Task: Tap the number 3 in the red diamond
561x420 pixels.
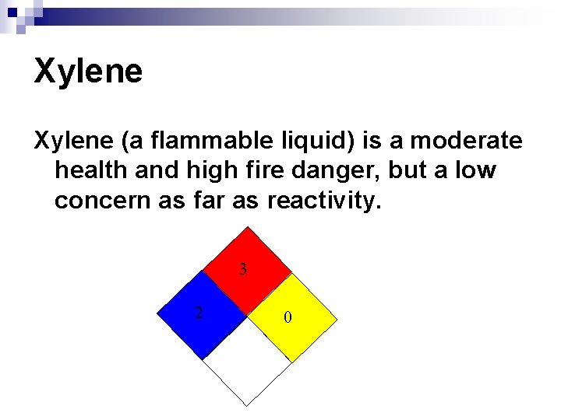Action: (x=244, y=270)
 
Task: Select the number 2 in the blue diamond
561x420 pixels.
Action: (x=199, y=313)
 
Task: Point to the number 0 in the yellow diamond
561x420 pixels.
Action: (x=288, y=317)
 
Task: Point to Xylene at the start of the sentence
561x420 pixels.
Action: (x=71, y=141)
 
